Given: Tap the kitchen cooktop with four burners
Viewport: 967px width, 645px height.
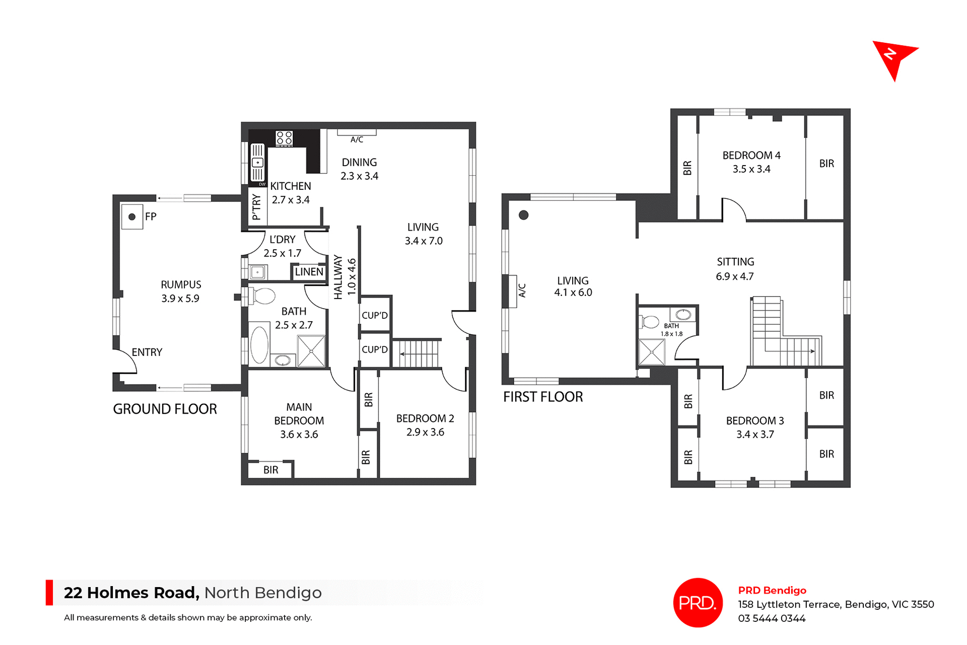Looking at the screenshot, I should (284, 138).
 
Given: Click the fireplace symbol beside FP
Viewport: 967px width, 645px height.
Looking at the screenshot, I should (132, 217).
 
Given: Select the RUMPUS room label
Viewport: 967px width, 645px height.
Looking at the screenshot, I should (181, 285).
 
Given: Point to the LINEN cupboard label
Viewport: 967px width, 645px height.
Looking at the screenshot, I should (309, 272).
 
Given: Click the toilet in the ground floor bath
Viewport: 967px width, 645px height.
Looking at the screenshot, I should (261, 296).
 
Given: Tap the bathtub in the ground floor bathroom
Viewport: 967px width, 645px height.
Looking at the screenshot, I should (259, 345).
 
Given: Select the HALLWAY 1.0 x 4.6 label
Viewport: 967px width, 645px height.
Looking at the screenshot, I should (345, 277).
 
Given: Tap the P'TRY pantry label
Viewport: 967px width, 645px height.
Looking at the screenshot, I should (257, 207).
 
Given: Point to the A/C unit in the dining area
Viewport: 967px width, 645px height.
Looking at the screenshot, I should (357, 133).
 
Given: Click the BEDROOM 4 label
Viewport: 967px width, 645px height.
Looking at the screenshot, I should (751, 156).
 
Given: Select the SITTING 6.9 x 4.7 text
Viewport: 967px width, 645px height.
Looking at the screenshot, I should (735, 269).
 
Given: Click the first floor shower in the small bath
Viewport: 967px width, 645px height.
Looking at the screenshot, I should (652, 352).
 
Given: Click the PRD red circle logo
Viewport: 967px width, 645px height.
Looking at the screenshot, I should (698, 603).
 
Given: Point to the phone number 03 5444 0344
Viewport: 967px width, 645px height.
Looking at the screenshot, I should (772, 618).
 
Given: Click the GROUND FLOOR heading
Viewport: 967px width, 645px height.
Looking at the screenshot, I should (165, 409).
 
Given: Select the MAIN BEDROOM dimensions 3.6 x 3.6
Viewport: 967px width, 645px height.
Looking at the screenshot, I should (299, 435).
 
